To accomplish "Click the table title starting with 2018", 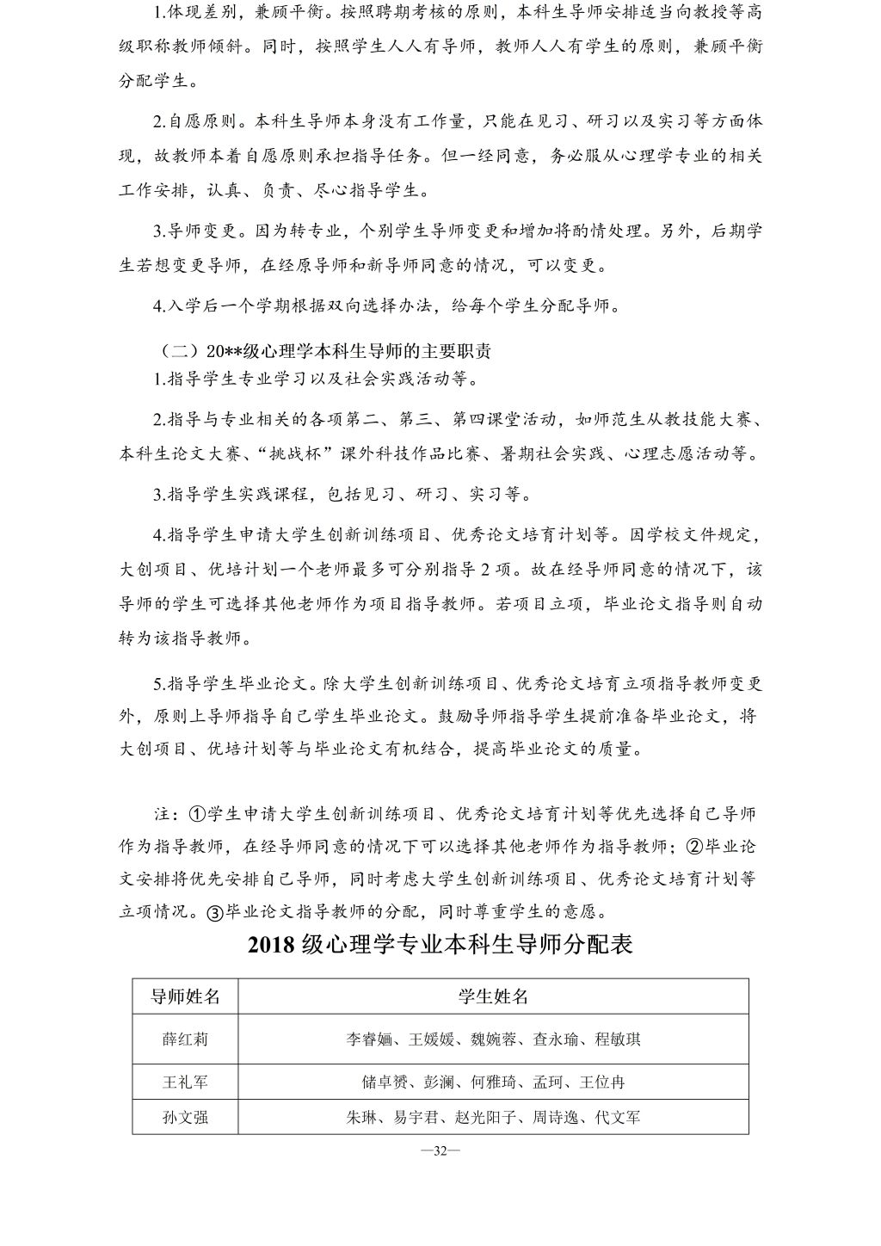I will coord(440,945).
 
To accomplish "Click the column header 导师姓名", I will coord(185,996).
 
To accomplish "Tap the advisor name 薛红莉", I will coord(185,1039).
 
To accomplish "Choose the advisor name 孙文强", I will coord(185,1118).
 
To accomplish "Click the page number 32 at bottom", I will coord(440,1152).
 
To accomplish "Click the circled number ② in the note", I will coord(694,846).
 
